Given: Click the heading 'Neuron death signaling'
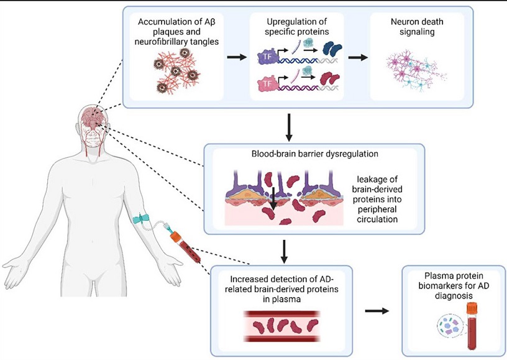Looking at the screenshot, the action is [417, 27].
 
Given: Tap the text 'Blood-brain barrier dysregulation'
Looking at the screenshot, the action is [314, 154].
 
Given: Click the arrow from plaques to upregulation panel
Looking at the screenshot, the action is [237, 57].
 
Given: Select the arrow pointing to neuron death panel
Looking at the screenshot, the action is [358, 58].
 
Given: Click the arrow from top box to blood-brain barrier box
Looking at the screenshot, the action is [289, 127].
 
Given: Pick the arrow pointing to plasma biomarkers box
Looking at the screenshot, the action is [377, 311].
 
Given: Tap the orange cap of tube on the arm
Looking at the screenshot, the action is [175, 236].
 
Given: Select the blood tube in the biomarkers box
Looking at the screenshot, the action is [472, 325].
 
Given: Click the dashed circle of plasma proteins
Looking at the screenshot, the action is [450, 325].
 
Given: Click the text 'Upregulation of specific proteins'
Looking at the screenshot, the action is [296, 27].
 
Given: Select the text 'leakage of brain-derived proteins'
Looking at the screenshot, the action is [375, 189].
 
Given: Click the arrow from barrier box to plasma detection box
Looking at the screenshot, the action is [284, 252].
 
